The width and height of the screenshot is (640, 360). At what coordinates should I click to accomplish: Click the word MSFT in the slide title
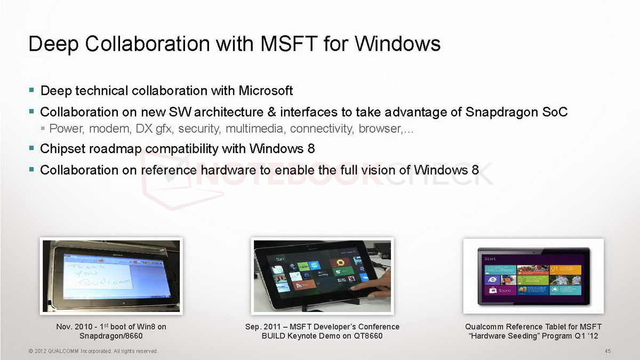click(x=289, y=44)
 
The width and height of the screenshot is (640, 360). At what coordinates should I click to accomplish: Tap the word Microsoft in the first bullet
click(x=266, y=91)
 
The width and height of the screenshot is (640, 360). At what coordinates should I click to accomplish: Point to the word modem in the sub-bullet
click(x=110, y=129)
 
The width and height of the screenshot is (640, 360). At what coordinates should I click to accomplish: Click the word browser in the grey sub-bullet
click(x=380, y=129)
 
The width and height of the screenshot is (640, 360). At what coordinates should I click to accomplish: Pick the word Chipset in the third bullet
click(x=62, y=149)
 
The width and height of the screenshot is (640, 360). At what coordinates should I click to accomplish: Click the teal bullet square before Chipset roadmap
click(x=31, y=148)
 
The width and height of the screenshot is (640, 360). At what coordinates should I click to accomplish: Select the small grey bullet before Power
click(x=43, y=129)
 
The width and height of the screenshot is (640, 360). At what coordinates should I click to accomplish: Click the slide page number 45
click(x=607, y=351)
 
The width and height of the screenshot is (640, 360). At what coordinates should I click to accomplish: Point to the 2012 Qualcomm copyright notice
click(x=93, y=351)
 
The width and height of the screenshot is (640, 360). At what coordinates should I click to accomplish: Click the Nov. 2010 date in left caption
click(x=74, y=327)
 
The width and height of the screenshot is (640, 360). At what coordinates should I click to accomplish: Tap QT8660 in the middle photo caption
click(x=368, y=336)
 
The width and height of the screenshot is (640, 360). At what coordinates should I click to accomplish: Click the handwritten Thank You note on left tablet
click(x=99, y=275)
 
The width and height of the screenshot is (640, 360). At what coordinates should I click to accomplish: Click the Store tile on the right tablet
click(x=500, y=291)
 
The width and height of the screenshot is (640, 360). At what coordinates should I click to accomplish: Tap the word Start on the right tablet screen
click(x=490, y=259)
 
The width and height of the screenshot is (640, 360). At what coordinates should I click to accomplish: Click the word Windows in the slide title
click(x=397, y=44)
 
